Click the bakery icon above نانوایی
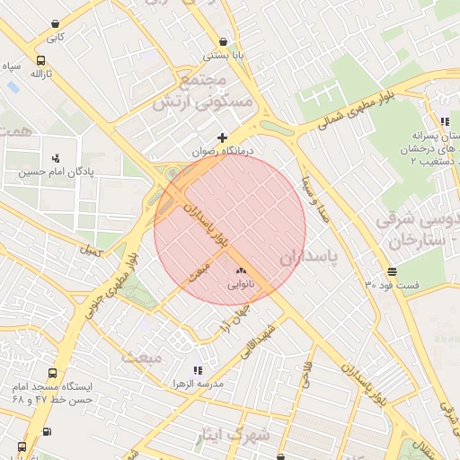coord(240,270)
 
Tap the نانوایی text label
coord(240,285)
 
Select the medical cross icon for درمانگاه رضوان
coord(223,137)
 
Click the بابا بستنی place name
coord(223,55)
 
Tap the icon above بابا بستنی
coord(223,40)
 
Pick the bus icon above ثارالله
coord(40,61)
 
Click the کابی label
coord(56,38)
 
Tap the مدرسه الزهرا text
coord(199,384)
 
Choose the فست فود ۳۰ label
coord(392,285)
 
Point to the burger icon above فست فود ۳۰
coord(392,271)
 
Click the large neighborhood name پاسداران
coord(305,258)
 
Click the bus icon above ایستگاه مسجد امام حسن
coord(52,372)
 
